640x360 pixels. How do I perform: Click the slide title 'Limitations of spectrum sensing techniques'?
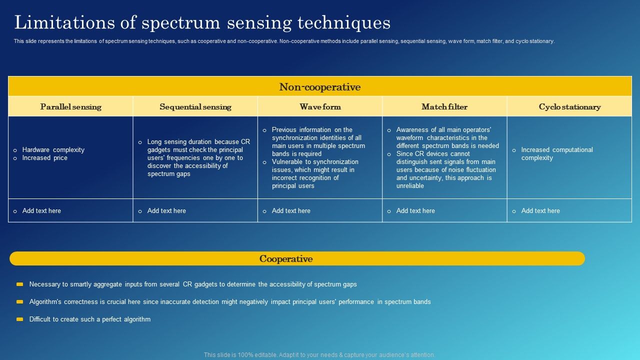pyautogui.click(x=202, y=23)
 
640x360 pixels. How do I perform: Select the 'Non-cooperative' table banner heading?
pyautogui.click(x=319, y=87)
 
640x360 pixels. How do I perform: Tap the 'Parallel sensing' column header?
pyautogui.click(x=70, y=107)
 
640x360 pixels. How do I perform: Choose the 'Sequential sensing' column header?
pyautogui.click(x=195, y=107)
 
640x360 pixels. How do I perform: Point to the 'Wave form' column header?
pyautogui.click(x=320, y=107)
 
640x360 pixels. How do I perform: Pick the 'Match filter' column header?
pyautogui.click(x=444, y=107)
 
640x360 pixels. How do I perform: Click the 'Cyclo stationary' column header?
pyautogui.click(x=569, y=107)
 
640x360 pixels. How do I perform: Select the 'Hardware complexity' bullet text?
pyautogui.click(x=53, y=150)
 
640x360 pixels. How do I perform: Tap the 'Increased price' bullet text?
pyautogui.click(x=45, y=158)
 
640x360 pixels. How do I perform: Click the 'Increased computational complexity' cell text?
pyautogui.click(x=556, y=154)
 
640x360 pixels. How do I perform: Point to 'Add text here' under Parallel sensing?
pyautogui.click(x=41, y=211)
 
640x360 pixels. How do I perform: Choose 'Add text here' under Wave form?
pyautogui.click(x=291, y=211)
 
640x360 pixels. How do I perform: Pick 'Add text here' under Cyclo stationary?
pyautogui.click(x=540, y=211)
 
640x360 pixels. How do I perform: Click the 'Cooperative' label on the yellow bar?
pyautogui.click(x=285, y=259)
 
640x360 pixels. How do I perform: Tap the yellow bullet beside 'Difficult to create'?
pyautogui.click(x=19, y=319)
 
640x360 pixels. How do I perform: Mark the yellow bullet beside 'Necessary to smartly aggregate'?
pyautogui.click(x=19, y=284)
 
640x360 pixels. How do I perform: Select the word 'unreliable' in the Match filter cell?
pyautogui.click(x=410, y=186)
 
